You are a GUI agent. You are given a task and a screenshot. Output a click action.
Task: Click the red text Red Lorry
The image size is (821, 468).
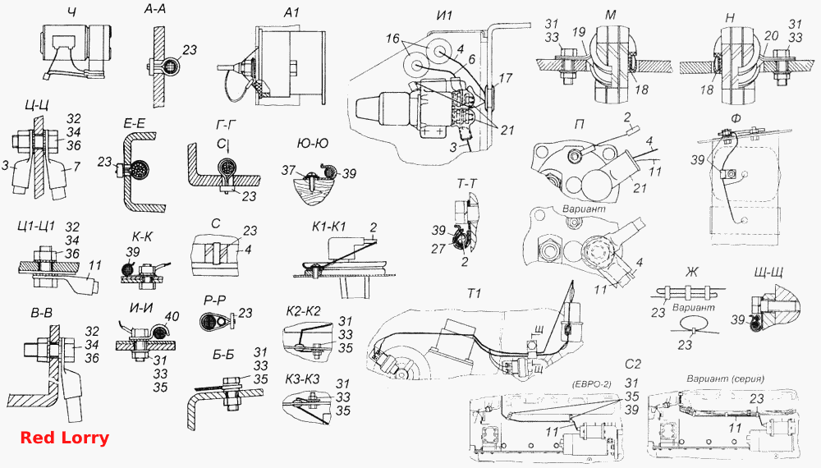[x=65, y=437]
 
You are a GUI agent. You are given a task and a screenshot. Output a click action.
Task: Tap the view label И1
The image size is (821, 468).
[x=443, y=15]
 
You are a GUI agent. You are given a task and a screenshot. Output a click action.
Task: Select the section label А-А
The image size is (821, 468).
[x=154, y=10]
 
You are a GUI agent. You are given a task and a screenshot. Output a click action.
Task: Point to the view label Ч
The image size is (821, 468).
[x=71, y=12]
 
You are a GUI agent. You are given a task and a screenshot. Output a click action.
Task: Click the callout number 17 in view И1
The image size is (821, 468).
[x=505, y=79]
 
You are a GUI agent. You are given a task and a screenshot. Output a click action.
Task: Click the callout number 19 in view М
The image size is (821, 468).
[x=579, y=34]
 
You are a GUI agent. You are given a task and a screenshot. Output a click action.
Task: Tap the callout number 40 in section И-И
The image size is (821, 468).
[x=172, y=316]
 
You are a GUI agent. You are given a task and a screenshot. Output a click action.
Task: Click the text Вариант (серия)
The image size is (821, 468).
[x=725, y=378]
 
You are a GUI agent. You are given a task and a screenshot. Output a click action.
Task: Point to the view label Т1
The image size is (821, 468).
[x=474, y=294]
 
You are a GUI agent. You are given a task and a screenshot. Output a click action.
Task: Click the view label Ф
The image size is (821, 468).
[x=736, y=118]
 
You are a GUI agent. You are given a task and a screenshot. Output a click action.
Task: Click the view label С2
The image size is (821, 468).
[x=633, y=364]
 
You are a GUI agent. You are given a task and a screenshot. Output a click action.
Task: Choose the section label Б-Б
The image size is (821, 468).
[x=223, y=355]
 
